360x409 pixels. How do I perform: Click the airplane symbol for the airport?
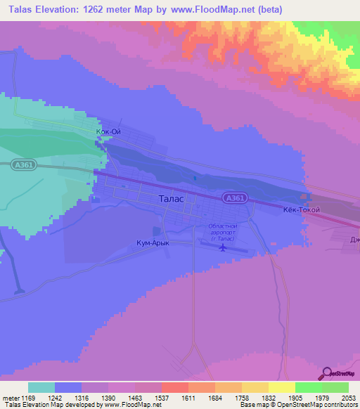point(223,247)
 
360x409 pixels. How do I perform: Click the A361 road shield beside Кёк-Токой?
point(236,199)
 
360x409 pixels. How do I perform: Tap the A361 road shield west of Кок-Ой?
point(22,164)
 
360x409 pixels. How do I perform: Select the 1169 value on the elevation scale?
point(28,397)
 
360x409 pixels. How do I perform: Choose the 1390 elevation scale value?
point(108,397)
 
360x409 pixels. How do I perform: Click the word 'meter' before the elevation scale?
point(9,397)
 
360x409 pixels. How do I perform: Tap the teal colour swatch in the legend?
point(41,387)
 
